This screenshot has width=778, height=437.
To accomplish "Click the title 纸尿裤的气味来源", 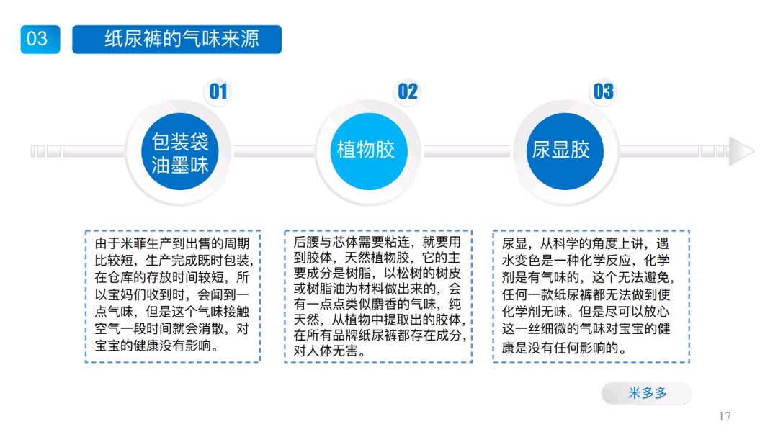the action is tap(176, 39).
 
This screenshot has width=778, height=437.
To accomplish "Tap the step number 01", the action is tap(218, 91).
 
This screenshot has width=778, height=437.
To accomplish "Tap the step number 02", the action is tap(408, 91).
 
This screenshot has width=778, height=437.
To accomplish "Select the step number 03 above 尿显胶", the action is tap(603, 91).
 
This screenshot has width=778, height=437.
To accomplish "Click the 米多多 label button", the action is tap(647, 393).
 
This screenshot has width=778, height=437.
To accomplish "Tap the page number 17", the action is tap(725, 416).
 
